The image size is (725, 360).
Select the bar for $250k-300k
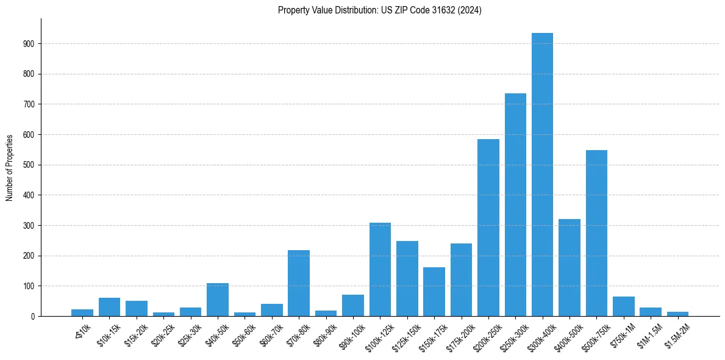coord(515,205)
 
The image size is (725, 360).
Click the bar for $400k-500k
coord(570,268)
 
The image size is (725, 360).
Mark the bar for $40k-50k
coord(218,300)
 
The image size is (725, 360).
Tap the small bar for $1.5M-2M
coord(677,314)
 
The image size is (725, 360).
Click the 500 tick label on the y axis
coord(29,165)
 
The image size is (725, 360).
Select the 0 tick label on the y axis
coord(32,316)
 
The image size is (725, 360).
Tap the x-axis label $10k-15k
coord(109,333)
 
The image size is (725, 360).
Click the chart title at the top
coord(379,10)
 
